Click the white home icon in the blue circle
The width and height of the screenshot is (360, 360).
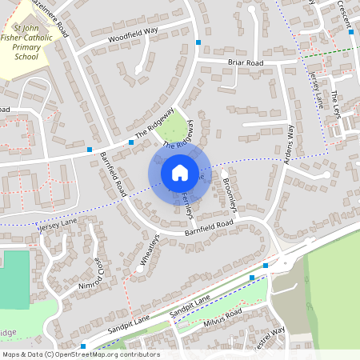pos(179,172)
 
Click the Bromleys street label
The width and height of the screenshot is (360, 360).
pos(230,195)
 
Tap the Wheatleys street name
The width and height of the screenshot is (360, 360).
pos(149,249)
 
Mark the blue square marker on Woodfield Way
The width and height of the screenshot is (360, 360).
pos(198,42)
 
